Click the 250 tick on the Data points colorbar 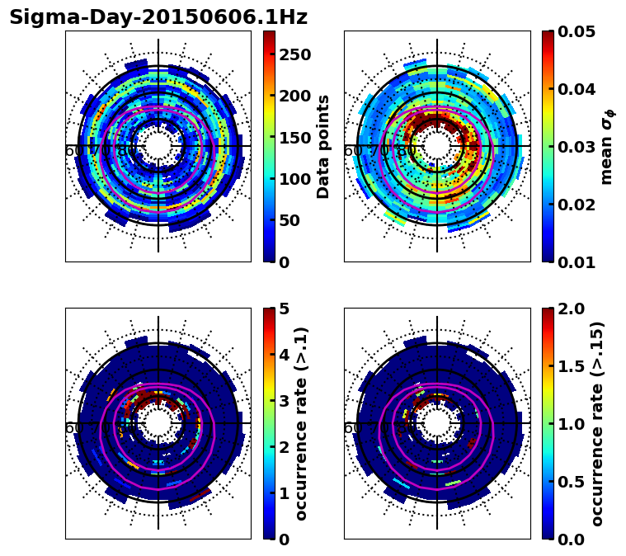tap(294, 54)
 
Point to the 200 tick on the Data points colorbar tap(294, 96)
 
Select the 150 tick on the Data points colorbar tap(294, 138)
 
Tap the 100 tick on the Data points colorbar tap(294, 179)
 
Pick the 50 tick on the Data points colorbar tap(289, 220)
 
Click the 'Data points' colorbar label tap(323, 146)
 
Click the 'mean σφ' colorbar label tap(607, 146)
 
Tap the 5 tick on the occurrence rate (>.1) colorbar tap(285, 309)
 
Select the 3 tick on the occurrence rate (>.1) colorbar tap(285, 401)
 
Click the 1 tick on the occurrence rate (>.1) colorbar tap(285, 493)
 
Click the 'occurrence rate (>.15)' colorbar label tap(597, 423)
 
